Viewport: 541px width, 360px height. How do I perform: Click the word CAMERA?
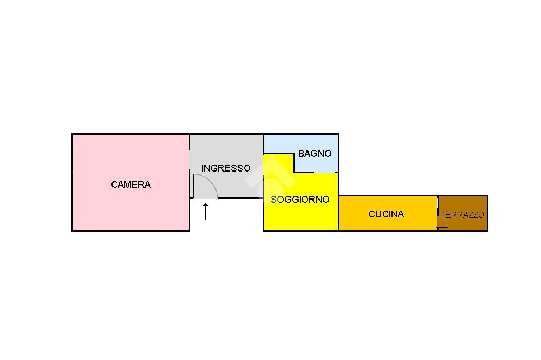[130, 185]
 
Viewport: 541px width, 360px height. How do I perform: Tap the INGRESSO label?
[226, 168]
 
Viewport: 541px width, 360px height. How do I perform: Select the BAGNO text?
[314, 154]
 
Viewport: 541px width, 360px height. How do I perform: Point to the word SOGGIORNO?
[300, 200]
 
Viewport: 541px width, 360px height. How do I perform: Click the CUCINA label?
[386, 214]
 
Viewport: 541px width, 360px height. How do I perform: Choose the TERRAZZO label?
[462, 215]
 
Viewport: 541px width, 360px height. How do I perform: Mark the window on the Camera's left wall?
[72, 159]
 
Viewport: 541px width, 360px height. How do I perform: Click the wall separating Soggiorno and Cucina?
[338, 214]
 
